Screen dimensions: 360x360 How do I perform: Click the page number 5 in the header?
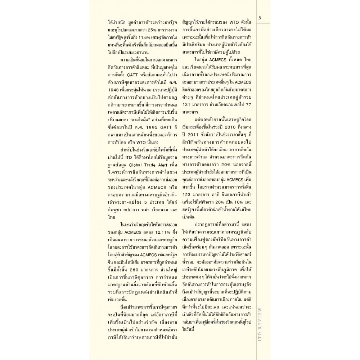tap(260, 18)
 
